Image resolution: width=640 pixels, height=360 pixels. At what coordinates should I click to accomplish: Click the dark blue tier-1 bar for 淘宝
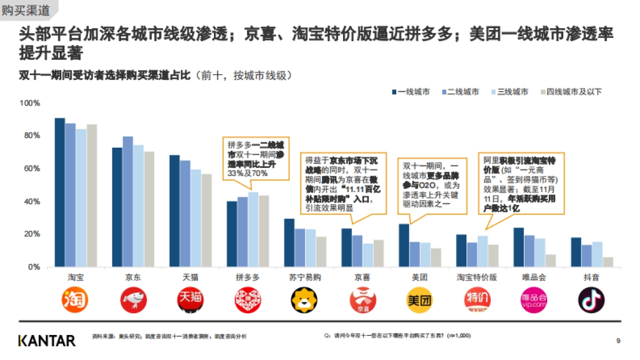click(x=60, y=192)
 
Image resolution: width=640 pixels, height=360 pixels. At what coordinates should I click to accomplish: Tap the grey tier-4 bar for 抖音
click(x=608, y=262)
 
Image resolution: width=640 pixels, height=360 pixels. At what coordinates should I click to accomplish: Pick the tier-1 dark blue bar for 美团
click(x=404, y=245)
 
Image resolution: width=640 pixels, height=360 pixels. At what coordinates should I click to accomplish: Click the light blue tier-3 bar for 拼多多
click(x=253, y=229)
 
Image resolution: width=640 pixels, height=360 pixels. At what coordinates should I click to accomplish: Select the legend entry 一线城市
click(x=411, y=92)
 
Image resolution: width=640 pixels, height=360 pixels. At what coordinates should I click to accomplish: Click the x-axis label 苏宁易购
click(x=305, y=278)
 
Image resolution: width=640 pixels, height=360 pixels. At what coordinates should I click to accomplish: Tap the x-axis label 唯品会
click(x=534, y=278)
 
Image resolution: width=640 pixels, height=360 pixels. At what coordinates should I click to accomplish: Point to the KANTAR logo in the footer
click(x=47, y=340)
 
